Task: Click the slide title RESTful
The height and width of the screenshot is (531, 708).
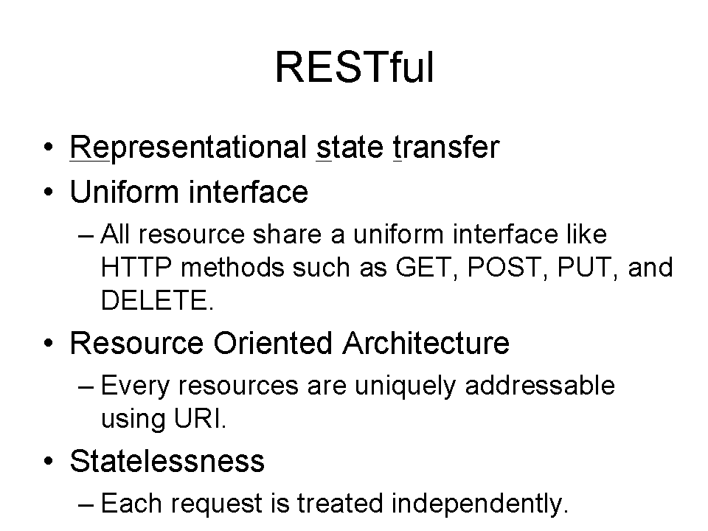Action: (355, 67)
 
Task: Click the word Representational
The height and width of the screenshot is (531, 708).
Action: (188, 148)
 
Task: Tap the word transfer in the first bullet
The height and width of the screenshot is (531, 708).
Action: (446, 147)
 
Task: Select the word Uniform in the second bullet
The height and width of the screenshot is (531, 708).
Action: (125, 192)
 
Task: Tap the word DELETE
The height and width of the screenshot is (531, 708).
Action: (156, 300)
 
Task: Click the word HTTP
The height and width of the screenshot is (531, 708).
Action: (136, 267)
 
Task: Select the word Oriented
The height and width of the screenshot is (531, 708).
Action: (273, 343)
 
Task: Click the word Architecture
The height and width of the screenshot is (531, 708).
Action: (426, 343)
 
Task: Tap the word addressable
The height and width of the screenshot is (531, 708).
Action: (540, 385)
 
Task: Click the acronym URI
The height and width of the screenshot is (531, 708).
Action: (200, 419)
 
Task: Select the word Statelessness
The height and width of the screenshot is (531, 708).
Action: (167, 461)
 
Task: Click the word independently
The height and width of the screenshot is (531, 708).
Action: (479, 504)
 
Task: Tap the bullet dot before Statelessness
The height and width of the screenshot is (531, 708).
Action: (49, 462)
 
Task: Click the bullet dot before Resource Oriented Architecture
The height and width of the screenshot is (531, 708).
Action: (49, 344)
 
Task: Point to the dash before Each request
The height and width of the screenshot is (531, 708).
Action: (86, 504)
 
